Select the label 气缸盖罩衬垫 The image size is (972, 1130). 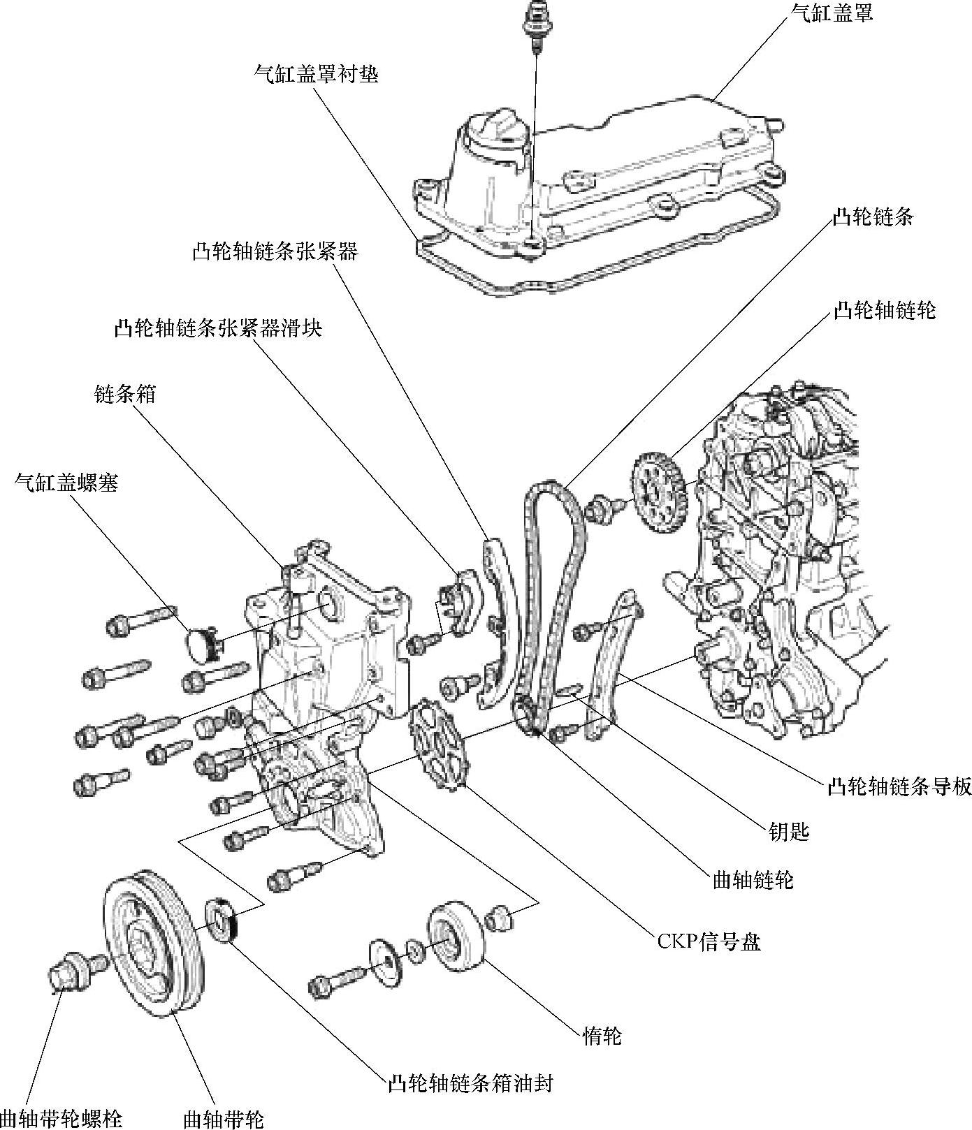tap(317, 73)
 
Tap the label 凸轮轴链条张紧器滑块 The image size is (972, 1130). tap(218, 328)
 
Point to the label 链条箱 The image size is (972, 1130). tap(125, 395)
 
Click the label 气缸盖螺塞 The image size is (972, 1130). tap(67, 482)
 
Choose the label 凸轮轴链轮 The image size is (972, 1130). tap(884, 310)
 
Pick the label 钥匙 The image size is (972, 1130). tap(788, 831)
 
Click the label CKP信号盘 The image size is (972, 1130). tap(709, 942)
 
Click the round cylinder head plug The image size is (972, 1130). tap(201, 643)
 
